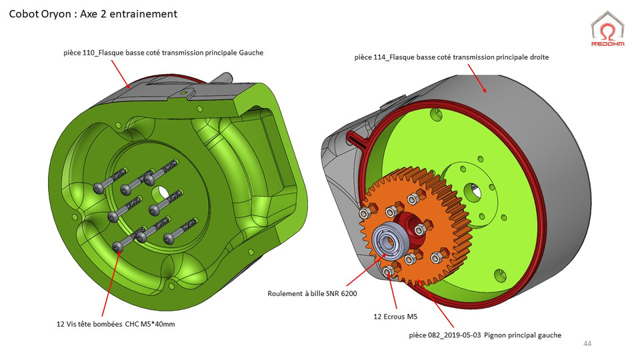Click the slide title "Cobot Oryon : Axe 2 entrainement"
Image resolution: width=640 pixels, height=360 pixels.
[93, 14]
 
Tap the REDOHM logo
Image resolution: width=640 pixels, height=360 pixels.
[607, 31]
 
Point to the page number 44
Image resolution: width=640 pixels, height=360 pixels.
[587, 343]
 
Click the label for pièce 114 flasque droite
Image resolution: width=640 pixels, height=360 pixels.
[451, 58]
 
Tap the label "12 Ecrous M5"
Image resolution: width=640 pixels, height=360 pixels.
[395, 317]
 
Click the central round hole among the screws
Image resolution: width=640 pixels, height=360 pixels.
[162, 194]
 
